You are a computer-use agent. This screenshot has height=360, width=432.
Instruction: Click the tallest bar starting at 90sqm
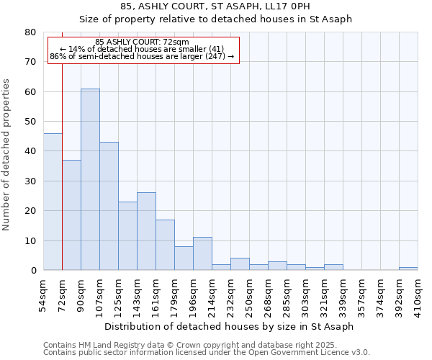coord(90,179)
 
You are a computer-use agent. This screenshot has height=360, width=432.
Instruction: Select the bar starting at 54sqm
coord(53,202)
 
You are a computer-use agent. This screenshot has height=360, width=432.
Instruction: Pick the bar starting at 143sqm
coord(146,231)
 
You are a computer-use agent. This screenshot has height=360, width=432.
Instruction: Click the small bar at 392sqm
coord(408,269)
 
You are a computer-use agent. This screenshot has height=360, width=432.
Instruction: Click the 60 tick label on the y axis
coord(30,92)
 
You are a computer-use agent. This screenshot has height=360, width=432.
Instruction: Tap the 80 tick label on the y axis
coord(30,32)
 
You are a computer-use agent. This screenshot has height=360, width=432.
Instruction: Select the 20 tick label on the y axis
coord(30,211)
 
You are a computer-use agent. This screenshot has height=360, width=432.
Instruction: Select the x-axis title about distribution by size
coord(229,326)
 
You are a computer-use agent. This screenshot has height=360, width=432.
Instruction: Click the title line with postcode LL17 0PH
coord(215,6)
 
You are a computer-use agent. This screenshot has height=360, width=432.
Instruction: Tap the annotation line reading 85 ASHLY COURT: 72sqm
coord(142,42)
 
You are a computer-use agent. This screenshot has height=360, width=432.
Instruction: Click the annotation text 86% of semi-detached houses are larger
coord(142,56)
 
